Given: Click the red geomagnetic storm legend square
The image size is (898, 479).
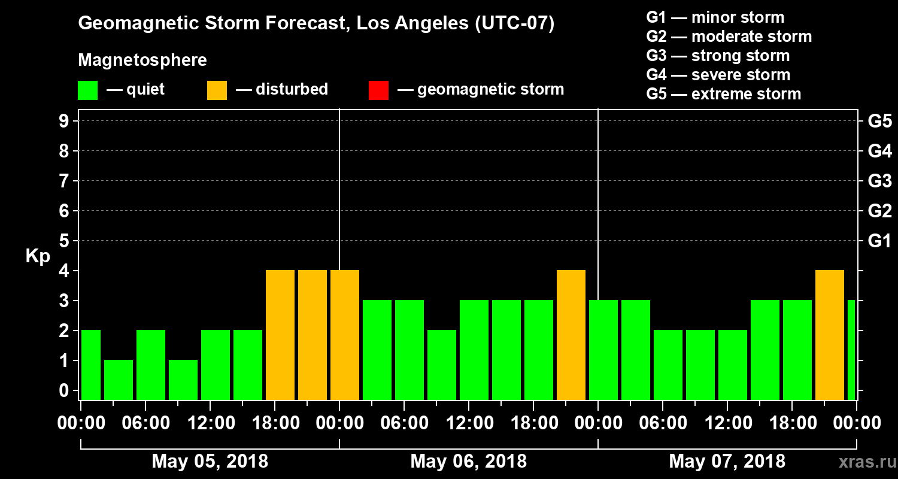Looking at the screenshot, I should (378, 90).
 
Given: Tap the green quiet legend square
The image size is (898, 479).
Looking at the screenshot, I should (87, 90).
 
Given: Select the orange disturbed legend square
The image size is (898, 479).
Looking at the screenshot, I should (217, 90).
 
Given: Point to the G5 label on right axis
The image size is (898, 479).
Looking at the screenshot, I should (879, 121).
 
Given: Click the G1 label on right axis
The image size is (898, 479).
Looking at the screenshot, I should (879, 241).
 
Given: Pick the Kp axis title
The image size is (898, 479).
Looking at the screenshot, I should (37, 256).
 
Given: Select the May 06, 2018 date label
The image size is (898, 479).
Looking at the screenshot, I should (469, 461).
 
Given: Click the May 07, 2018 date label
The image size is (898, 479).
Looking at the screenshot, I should (727, 461).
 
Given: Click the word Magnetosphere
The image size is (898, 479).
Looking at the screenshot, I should (142, 60).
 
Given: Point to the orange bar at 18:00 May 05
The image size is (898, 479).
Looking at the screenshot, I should (280, 335).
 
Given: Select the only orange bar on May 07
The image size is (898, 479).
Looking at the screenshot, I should (830, 335).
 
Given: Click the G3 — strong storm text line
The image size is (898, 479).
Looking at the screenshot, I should (718, 56).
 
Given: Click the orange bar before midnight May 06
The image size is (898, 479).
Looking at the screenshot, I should (571, 335).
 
